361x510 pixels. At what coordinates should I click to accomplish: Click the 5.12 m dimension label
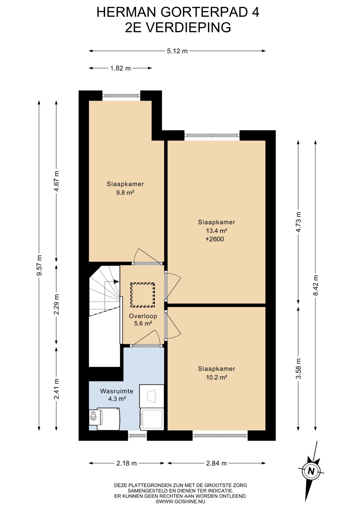pyautogui.click(x=177, y=51)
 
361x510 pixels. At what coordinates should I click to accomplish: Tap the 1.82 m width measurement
pyautogui.click(x=120, y=68)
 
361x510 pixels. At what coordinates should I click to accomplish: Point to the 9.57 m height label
pyautogui.click(x=39, y=265)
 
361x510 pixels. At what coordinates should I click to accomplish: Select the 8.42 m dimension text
pyautogui.click(x=316, y=285)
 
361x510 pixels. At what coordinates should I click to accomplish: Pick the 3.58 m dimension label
pyautogui.click(x=298, y=369)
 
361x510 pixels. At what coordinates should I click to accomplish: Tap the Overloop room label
pyautogui.click(x=143, y=316)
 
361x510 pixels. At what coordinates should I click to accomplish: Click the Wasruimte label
pyautogui.click(x=117, y=391)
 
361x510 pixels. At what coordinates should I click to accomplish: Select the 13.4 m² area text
pyautogui.click(x=216, y=231)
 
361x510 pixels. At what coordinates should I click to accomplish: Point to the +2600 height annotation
pyautogui.click(x=215, y=239)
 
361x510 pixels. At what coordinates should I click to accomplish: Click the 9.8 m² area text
pyautogui.click(x=125, y=193)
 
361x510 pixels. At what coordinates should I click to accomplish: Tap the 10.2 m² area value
pyautogui.click(x=216, y=377)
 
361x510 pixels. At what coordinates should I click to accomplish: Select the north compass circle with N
pyautogui.click(x=311, y=471)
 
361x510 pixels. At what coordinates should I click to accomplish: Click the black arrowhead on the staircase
pyautogui.click(x=116, y=282)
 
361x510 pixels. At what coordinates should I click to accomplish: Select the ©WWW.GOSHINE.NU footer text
pyautogui.click(x=180, y=501)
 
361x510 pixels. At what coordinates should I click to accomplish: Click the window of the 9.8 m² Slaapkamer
pyautogui.click(x=121, y=96)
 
